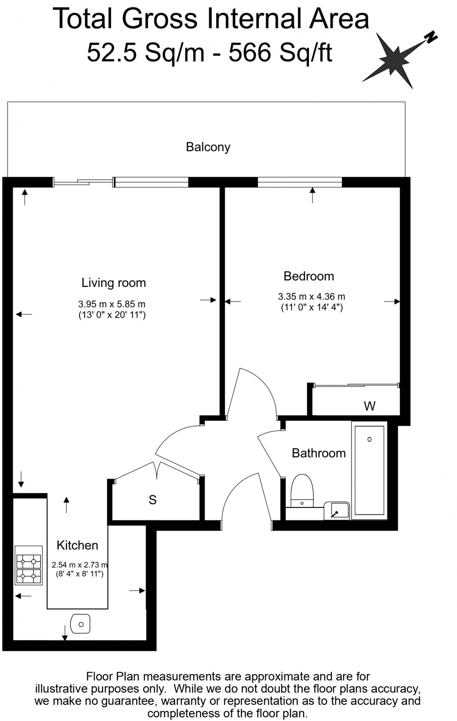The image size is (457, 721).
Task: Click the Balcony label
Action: [x=208, y=147]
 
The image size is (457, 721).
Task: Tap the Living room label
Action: [x=113, y=283]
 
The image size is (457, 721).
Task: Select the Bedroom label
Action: [x=309, y=276]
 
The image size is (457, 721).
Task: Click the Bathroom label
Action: [x=319, y=453]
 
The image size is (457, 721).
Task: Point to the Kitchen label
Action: [x=77, y=545]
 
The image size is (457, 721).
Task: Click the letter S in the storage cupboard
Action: [x=152, y=500]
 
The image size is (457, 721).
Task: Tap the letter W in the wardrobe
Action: [x=370, y=406]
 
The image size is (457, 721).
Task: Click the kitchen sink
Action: [x=81, y=624]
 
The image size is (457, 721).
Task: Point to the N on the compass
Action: [x=431, y=37]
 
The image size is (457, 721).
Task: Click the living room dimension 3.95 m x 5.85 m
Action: [x=112, y=304]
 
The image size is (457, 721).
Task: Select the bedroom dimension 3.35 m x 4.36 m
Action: [x=311, y=297]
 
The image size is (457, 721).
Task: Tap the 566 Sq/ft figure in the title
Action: [x=280, y=52]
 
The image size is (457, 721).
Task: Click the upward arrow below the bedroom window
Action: [x=313, y=195]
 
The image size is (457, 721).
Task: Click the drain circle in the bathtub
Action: [x=369, y=439]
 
